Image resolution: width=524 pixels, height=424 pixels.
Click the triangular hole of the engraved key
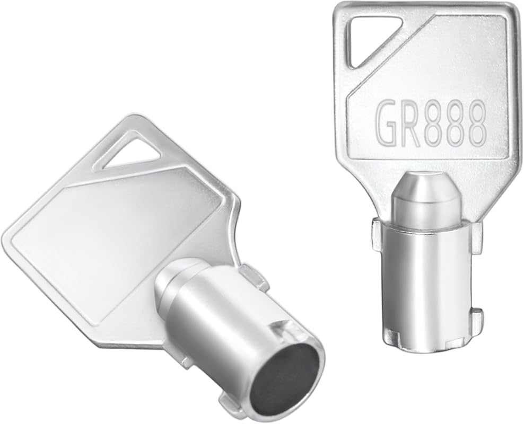click(x=365, y=41)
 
